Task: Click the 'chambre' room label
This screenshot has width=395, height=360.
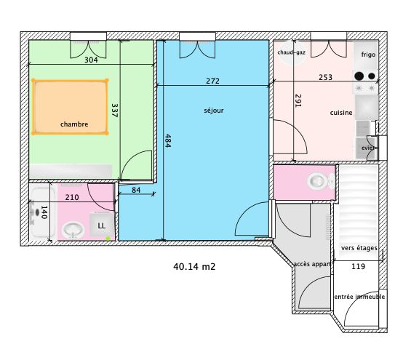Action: click(74, 124)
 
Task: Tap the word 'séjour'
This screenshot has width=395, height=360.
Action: click(214, 111)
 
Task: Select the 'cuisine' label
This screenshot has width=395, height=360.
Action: click(341, 113)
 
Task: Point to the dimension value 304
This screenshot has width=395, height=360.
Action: click(91, 60)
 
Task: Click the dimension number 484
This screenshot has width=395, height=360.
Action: click(168, 141)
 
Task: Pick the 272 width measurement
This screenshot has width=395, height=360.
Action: click(212, 81)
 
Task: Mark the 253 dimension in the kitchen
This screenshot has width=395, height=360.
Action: click(325, 77)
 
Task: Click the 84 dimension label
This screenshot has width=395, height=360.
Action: click(136, 190)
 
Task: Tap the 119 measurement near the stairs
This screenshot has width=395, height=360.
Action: click(358, 266)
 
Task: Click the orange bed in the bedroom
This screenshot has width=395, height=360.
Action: click(70, 107)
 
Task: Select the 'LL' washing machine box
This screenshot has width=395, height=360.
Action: click(102, 225)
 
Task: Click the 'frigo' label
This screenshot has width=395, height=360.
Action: click(368, 55)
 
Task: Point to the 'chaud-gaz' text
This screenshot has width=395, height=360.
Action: click(292, 52)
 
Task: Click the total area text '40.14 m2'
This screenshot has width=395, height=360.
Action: click(194, 266)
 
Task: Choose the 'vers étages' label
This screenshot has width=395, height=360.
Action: click(359, 248)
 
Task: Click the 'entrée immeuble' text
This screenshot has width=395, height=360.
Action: click(359, 297)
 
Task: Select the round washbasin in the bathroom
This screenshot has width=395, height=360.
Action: click(73, 230)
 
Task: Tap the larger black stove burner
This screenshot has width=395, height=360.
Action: click(359, 76)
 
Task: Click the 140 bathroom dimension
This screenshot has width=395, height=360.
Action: click(44, 212)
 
